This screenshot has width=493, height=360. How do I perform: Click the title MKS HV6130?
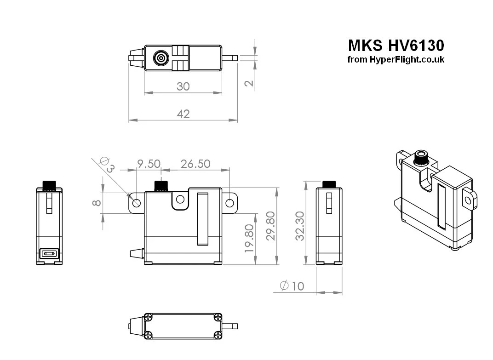point(396,46)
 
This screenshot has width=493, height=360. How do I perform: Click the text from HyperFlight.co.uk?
point(396,60)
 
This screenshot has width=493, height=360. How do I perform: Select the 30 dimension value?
point(183,86)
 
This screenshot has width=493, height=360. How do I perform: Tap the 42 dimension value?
point(183,114)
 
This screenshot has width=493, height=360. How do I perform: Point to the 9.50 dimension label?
point(149,164)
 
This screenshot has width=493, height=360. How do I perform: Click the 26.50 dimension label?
point(195,164)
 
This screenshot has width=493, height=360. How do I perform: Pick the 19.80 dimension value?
point(249,239)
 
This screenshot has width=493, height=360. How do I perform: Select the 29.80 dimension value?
point(271,226)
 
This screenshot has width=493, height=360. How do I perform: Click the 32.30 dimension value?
point(300,226)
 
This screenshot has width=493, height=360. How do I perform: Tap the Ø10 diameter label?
point(292,286)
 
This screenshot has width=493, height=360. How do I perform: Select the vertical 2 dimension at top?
point(249,83)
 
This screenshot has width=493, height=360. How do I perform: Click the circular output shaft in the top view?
point(161,58)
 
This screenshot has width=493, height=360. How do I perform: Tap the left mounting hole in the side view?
point(137,203)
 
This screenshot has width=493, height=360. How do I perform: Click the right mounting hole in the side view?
point(230,202)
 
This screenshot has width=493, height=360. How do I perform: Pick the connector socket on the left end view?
point(49,253)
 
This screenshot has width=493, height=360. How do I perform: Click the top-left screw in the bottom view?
point(149,317)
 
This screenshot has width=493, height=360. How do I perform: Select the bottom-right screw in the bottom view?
point(218,334)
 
